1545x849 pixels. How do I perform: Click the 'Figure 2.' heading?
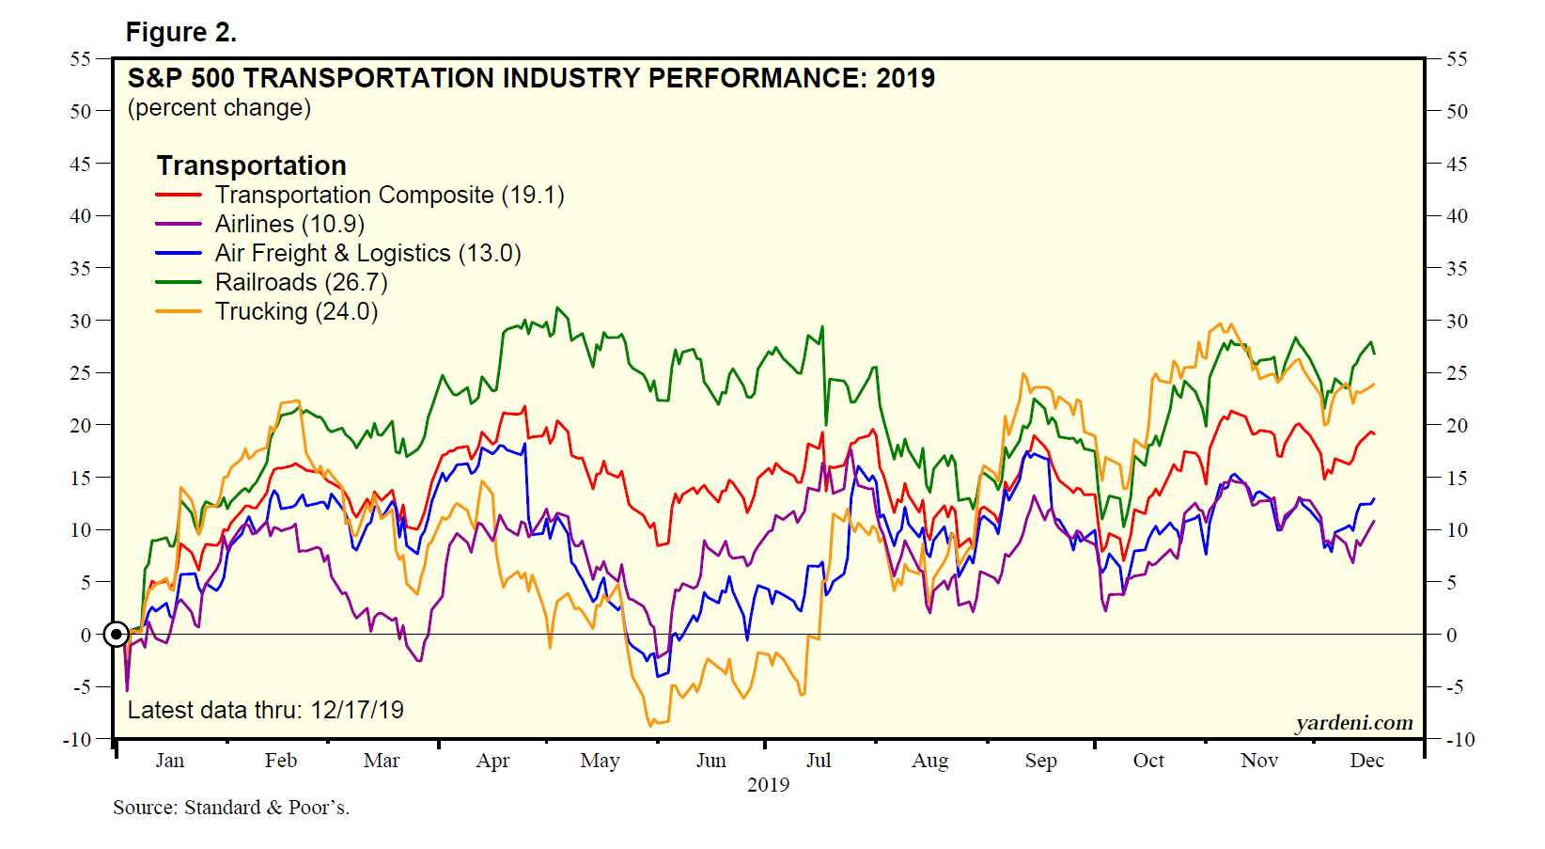180,33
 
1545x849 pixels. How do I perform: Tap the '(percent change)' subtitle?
219,108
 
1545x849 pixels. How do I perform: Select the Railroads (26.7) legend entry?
301,282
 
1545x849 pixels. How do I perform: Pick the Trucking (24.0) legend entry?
296,311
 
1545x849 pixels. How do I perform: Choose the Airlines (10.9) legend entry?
289,224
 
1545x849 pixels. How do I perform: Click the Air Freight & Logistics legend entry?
367,253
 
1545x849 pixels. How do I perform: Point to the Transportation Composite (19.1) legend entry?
389,195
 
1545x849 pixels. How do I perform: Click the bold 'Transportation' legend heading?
251,165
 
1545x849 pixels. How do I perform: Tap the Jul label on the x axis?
819,761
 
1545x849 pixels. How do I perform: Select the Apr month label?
492,761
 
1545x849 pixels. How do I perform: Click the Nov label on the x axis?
1259,761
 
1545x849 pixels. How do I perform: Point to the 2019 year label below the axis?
768,785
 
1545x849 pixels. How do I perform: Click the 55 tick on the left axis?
80,59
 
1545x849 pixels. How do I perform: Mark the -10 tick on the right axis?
1459,739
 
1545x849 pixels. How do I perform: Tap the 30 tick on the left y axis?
80,321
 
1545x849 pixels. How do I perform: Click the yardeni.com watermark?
1353,723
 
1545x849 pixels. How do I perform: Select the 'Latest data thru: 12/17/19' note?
265,710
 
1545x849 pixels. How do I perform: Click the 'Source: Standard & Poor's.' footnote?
231,808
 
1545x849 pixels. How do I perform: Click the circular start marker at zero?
116,635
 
